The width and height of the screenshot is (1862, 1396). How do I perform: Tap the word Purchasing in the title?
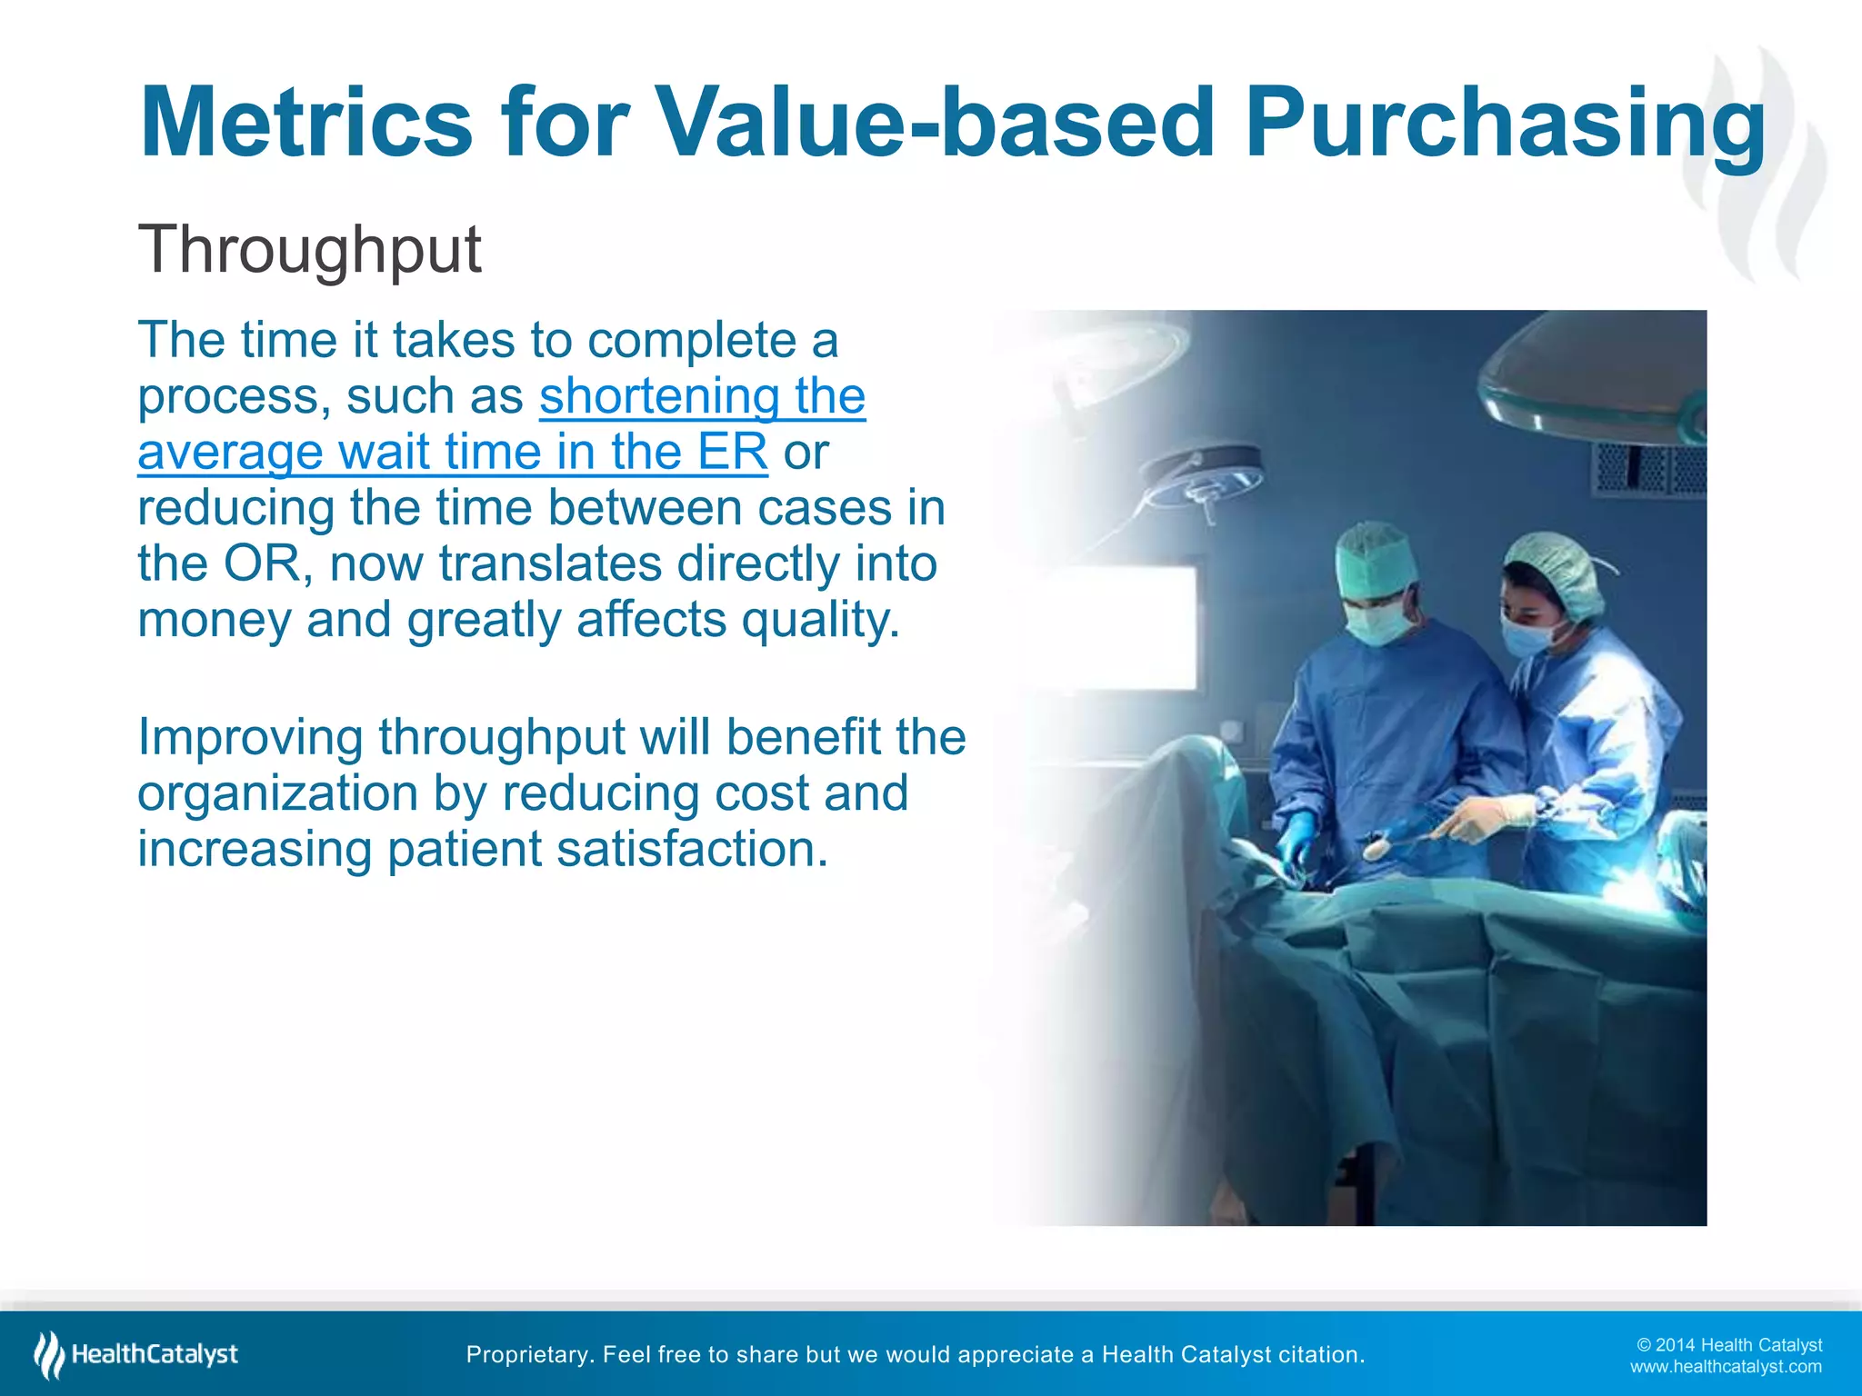click(1505, 123)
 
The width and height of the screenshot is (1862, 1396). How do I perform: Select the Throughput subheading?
click(309, 249)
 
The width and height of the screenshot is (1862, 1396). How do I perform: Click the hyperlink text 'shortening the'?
click(702, 396)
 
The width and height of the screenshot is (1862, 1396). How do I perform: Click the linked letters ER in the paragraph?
click(733, 452)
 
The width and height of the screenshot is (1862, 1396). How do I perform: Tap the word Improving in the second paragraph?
click(250, 737)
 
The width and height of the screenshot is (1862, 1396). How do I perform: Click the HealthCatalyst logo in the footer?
click(136, 1354)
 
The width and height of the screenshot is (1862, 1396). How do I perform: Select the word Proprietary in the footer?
click(527, 1354)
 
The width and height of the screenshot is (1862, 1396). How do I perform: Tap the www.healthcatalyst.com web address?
click(1725, 1367)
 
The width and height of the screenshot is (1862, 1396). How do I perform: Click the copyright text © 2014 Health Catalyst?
click(1728, 1345)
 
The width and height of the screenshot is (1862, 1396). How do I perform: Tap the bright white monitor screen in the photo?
click(1127, 627)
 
